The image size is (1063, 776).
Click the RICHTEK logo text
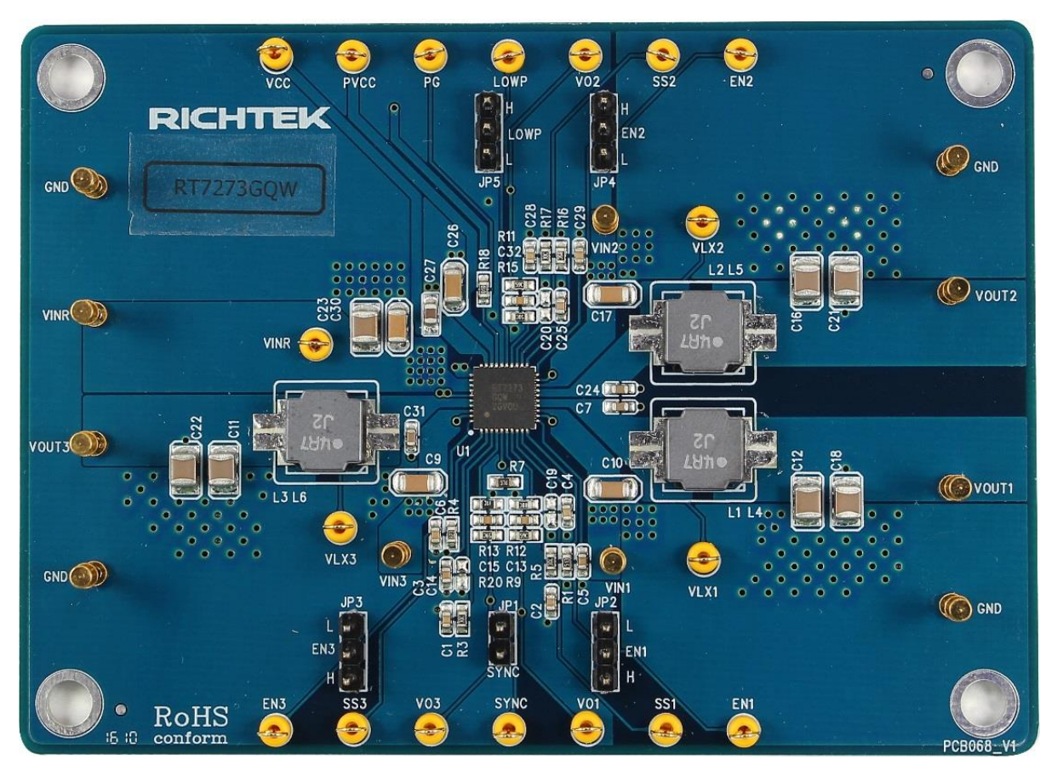(239, 119)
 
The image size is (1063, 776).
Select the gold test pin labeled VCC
(275, 56)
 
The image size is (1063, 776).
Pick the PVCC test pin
(352, 56)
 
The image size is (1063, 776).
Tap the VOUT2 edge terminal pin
(952, 291)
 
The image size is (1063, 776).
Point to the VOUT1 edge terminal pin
(954, 488)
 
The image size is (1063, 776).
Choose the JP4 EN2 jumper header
(603, 133)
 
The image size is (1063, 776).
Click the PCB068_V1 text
(979, 745)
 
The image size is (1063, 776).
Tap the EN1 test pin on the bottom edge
(744, 728)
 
